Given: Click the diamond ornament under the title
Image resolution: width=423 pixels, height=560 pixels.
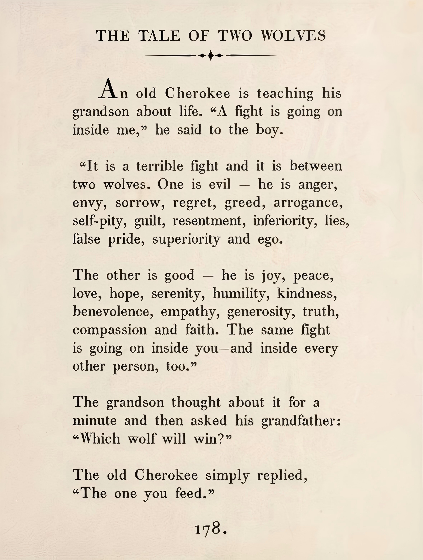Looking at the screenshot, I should (x=211, y=55).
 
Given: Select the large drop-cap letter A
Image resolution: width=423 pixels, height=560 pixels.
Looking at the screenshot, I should (x=108, y=89).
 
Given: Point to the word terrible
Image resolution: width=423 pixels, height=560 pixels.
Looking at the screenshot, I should (x=160, y=166).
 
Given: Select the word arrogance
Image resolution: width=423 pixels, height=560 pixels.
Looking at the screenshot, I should (x=308, y=203).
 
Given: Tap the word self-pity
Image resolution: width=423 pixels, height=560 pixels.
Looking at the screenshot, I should (x=99, y=221).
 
